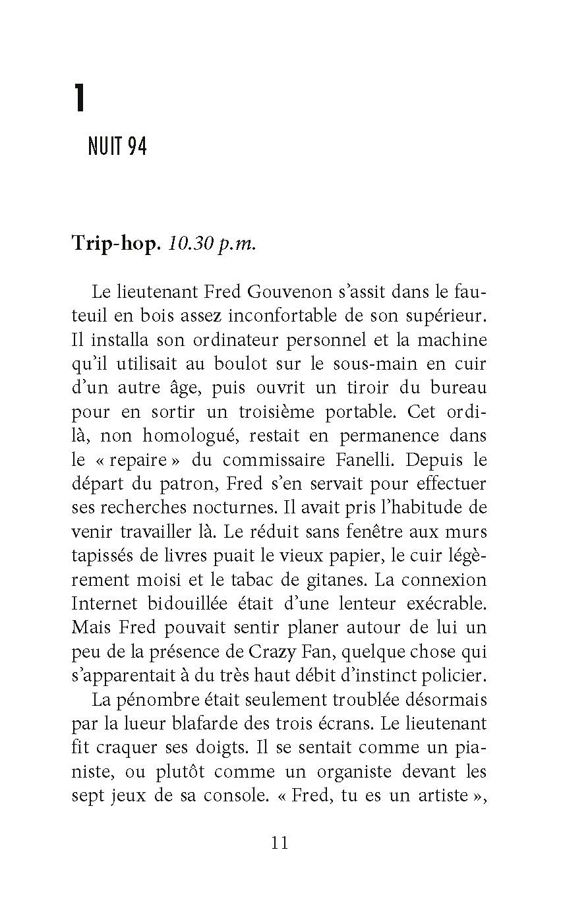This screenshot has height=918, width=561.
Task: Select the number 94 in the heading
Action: tap(136, 146)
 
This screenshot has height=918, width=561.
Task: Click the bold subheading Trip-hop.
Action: tap(115, 244)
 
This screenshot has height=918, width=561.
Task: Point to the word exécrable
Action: tap(446, 604)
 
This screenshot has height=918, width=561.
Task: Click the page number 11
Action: tap(280, 842)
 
